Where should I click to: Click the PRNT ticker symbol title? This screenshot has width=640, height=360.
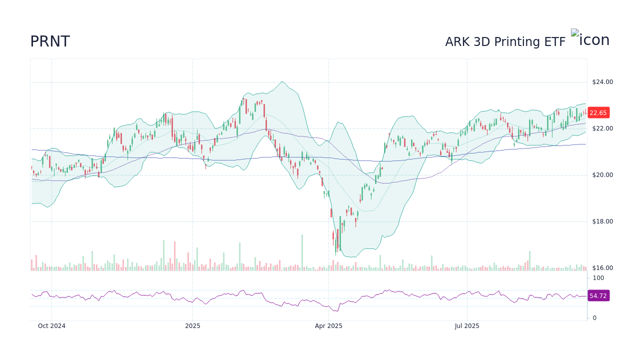[x=50, y=41]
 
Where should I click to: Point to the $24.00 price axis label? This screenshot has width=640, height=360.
[x=602, y=82]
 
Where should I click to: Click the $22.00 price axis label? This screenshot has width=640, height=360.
[x=602, y=128]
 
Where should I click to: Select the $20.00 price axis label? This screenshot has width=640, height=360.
[x=602, y=175]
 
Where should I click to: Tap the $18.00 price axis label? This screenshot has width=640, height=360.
[x=602, y=221]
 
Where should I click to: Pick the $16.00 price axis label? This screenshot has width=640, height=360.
[x=602, y=268]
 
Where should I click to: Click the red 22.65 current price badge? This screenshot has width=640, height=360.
[x=598, y=113]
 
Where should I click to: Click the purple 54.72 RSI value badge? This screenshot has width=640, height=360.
[x=598, y=296]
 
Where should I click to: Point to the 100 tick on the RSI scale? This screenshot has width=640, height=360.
[x=598, y=278]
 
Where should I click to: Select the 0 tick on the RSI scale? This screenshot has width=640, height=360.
[x=594, y=317]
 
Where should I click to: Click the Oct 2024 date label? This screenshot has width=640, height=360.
[x=51, y=326]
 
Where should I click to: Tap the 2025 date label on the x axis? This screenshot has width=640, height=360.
[x=192, y=326]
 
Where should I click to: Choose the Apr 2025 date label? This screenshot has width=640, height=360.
[x=328, y=326]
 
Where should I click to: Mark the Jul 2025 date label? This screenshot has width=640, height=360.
[x=467, y=326]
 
